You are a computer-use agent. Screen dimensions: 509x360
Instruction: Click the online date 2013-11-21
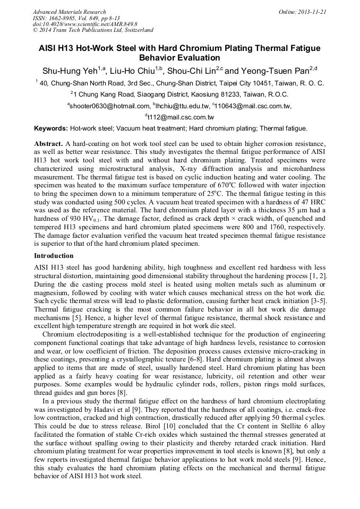[313, 12]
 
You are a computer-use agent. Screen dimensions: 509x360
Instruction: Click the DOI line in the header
[85, 24]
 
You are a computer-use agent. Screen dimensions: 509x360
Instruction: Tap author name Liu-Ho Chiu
[138, 71]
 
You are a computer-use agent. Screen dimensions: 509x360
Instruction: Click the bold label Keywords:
[51, 128]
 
